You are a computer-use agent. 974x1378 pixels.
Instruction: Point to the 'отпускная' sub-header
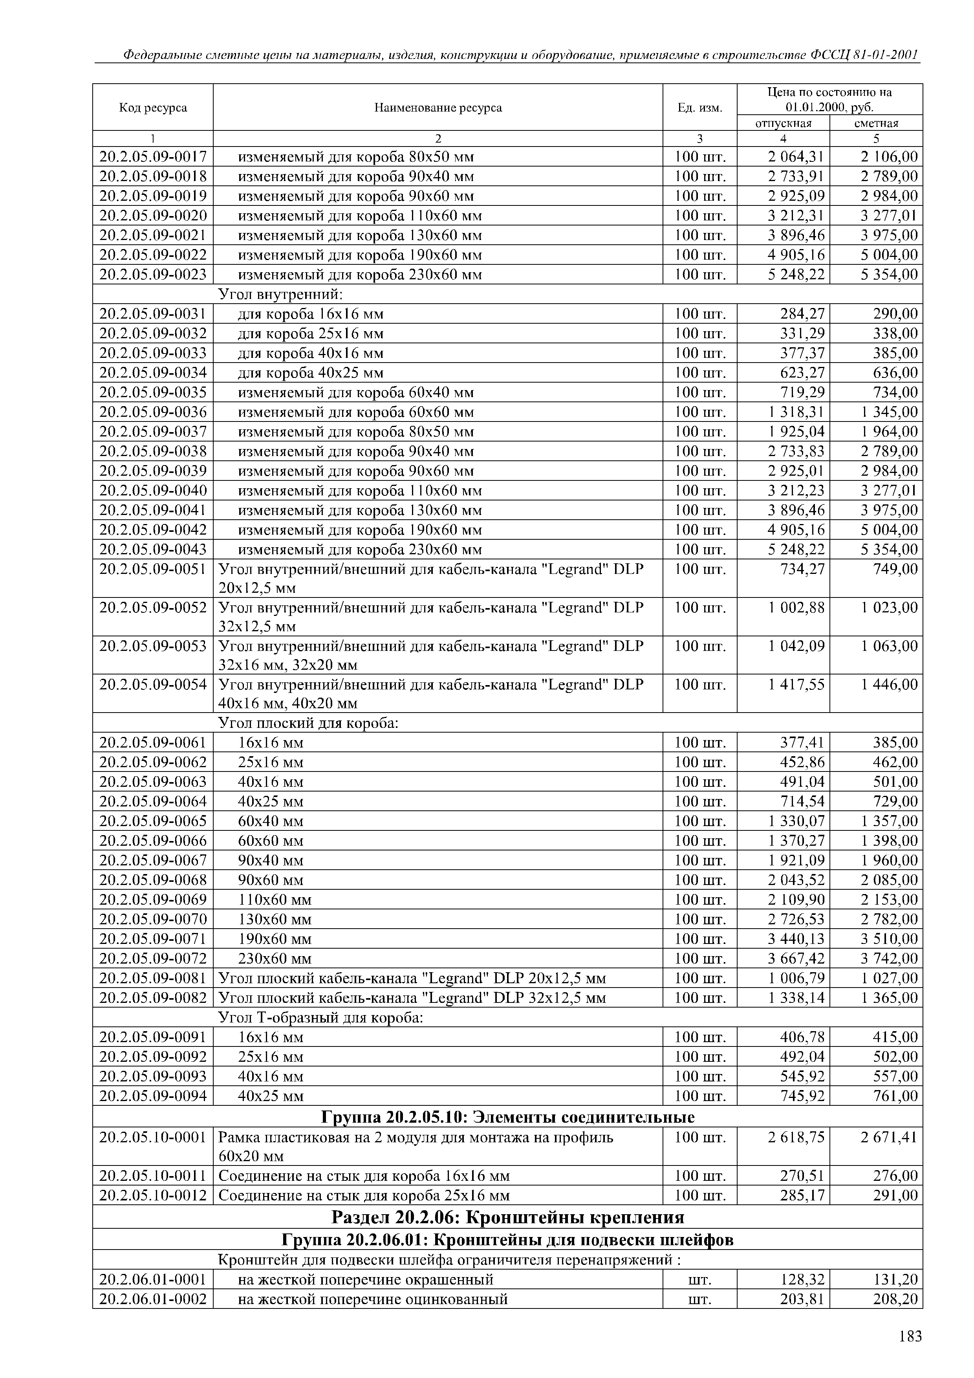(783, 123)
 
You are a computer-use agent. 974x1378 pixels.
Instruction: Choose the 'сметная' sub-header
(876, 123)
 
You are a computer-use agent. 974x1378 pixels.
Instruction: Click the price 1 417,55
(796, 685)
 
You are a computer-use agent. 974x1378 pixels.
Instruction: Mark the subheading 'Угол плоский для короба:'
(308, 723)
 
